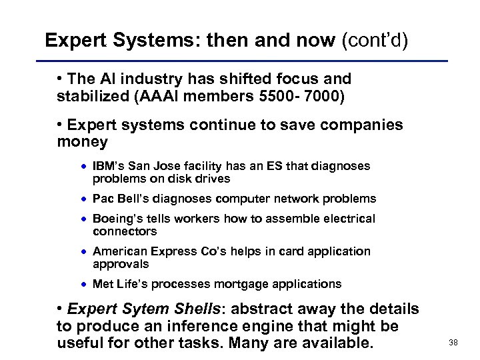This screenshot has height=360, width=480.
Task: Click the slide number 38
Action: (x=454, y=341)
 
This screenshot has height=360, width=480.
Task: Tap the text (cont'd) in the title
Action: (x=374, y=41)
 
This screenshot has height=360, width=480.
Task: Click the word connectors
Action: (x=125, y=231)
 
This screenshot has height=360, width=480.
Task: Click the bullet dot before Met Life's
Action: (x=85, y=285)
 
